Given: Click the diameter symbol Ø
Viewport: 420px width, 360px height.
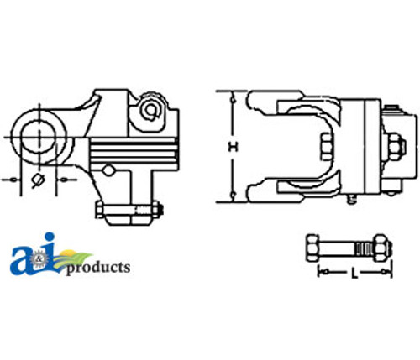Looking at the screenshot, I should (37, 180).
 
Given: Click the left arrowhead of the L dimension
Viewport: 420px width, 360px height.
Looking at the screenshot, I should (319, 272).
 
